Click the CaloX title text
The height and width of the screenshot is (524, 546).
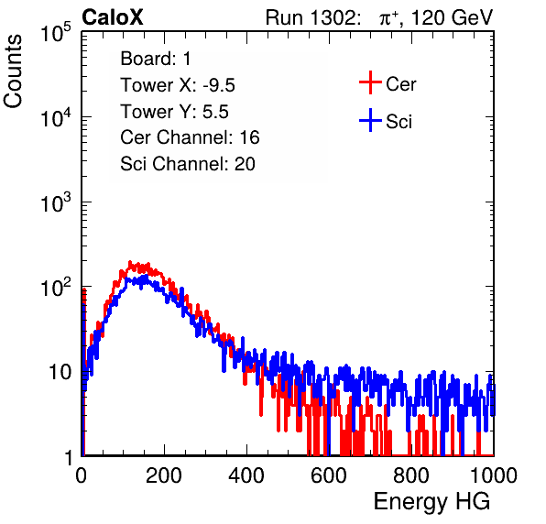point(112,17)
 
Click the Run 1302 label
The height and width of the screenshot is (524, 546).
point(312,17)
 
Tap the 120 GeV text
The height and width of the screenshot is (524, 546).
point(453,17)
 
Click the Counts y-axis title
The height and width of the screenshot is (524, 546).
point(13,71)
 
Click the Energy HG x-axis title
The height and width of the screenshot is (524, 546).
point(431,501)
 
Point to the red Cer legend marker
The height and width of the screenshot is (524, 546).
point(370,82)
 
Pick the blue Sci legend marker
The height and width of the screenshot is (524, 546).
point(370,120)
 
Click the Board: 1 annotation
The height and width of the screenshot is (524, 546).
point(156,59)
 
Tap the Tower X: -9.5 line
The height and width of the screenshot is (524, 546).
point(178,85)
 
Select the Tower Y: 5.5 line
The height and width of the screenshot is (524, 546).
point(174,112)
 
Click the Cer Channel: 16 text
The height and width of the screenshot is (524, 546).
point(190,137)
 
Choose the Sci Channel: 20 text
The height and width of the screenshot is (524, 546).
point(188,164)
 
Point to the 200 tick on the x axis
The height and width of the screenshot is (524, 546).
point(164,475)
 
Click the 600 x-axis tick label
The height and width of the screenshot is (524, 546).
point(329,475)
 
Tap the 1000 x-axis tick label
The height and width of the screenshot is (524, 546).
point(494,475)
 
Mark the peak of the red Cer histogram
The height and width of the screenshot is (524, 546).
point(130,262)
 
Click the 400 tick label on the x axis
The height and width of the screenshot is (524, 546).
point(246,475)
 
